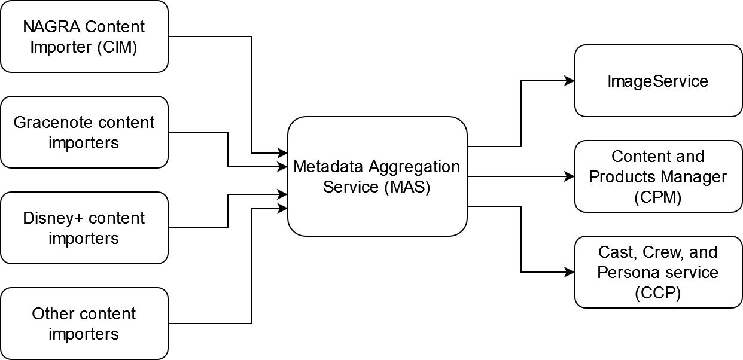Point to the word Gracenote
[53, 123]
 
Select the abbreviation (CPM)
[658, 197]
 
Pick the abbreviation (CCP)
[658, 293]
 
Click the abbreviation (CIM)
[117, 47]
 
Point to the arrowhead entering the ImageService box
[570, 81]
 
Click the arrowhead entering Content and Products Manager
[570, 176]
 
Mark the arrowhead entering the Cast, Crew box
[570, 272]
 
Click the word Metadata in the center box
[329, 166]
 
